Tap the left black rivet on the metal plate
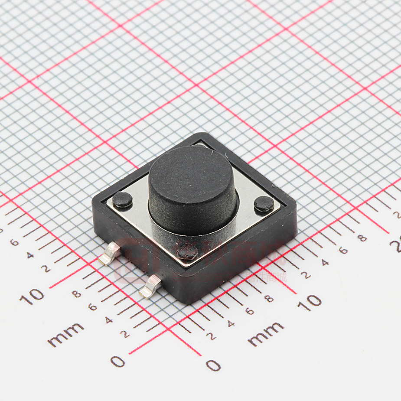tap(123, 199)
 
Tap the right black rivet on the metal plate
tap(264, 204)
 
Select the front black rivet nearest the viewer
tap(188, 251)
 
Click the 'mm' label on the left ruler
tap(65, 334)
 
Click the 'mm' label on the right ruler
tap(266, 333)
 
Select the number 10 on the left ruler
tap(32, 297)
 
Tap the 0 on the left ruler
tap(117, 361)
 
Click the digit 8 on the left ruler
tap(77, 294)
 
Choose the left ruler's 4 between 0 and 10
tap(108, 320)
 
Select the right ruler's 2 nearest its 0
tap(211, 336)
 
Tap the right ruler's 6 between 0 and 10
tap(250, 311)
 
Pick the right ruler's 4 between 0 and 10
tap(231, 323)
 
